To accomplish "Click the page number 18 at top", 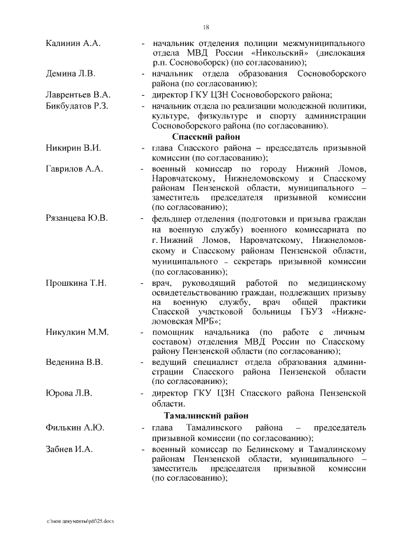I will click(x=206, y=26).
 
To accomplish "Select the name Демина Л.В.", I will click(x=71, y=74).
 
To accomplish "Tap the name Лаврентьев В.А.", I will click(x=78, y=95).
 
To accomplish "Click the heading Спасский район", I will click(x=206, y=137).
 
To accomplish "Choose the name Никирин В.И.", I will click(x=73, y=148).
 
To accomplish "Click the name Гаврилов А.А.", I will click(x=74, y=169).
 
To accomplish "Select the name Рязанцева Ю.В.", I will click(x=77, y=218).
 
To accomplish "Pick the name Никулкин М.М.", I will click(x=77, y=332).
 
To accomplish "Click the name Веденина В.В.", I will click(x=74, y=362).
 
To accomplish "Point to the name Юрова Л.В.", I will click(x=69, y=392).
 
